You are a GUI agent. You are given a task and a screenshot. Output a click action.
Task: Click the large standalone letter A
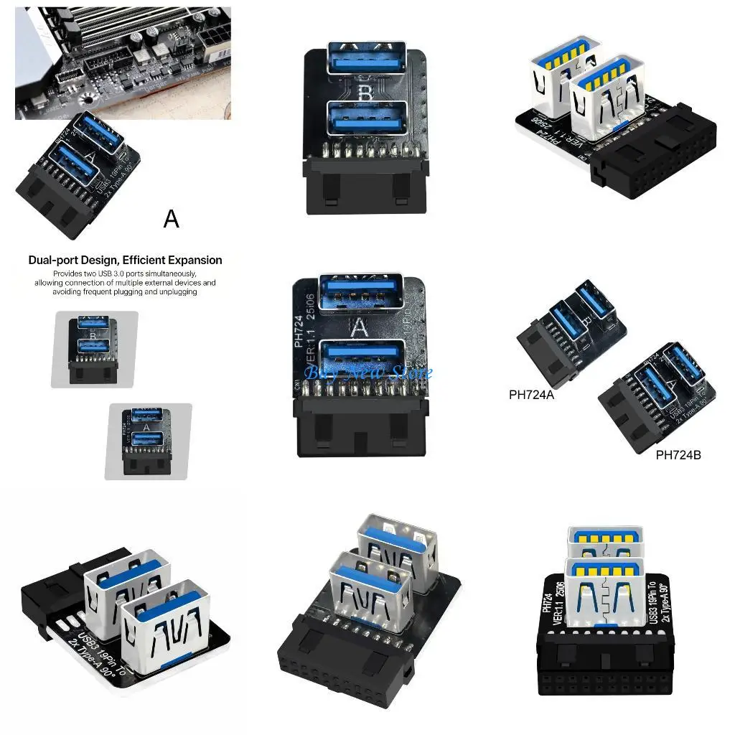coord(171,218)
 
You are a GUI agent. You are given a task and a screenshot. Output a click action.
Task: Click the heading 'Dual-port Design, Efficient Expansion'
coord(126,261)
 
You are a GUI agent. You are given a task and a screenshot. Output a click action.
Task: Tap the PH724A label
coord(531,394)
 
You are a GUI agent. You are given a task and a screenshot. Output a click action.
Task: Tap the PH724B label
coord(678,454)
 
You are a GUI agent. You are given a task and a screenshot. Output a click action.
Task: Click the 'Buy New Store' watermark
coord(367,373)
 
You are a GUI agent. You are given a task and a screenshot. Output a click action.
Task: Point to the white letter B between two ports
coord(366,93)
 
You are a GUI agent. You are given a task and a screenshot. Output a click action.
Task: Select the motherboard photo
coord(123,63)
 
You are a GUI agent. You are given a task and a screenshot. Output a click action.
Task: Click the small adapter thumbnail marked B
coord(94,350)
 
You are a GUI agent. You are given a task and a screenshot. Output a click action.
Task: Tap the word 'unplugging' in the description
coord(174,292)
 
